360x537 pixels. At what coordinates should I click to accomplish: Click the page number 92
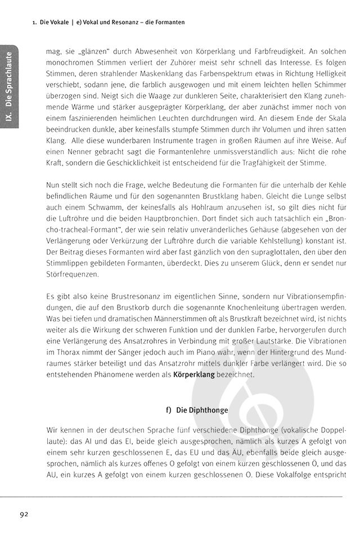(24, 515)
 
